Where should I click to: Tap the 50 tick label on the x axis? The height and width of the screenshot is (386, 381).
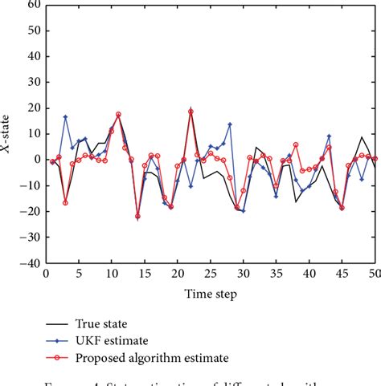click(x=375, y=274)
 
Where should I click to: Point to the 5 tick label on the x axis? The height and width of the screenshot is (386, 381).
click(x=79, y=274)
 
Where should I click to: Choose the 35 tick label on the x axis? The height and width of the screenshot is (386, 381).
click(x=276, y=274)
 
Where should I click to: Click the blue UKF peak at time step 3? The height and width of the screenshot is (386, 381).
click(x=65, y=117)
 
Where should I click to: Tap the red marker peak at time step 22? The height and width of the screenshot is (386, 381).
click(x=190, y=112)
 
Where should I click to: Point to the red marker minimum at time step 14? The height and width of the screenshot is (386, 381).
click(x=137, y=216)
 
